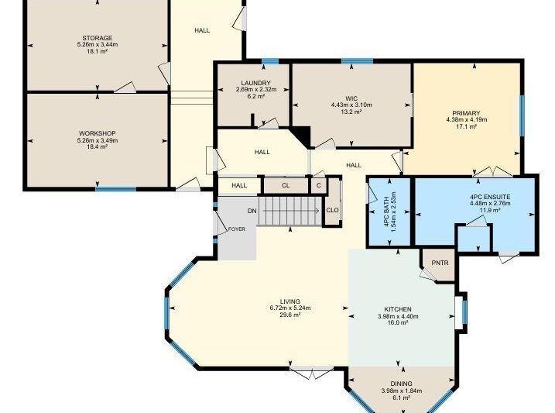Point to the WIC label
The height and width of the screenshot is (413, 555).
351,98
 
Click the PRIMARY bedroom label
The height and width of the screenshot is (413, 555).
467,113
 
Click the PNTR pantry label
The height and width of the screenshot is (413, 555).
440,263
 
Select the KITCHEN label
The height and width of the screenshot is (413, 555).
398,309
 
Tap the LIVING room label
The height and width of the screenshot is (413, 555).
290,301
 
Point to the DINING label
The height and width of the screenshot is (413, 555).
402,384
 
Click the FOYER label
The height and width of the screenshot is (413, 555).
236,229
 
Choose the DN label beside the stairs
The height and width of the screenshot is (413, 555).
252,211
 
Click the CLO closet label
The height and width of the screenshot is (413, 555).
332,210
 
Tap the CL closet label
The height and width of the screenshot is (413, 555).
286,185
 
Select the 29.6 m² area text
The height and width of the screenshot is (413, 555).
290,315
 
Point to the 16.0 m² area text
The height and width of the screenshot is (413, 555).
398,322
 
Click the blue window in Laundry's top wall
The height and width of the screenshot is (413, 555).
270,62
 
